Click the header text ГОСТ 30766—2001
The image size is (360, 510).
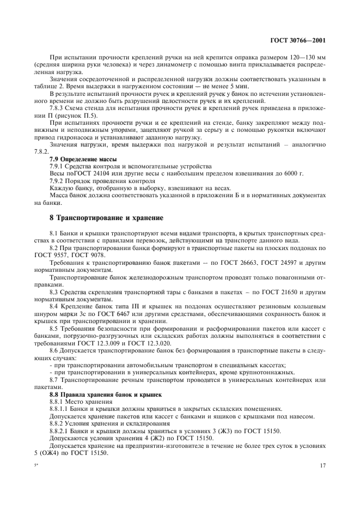click(299, 40)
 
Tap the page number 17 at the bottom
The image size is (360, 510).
click(322, 466)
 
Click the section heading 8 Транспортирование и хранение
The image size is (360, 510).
click(106, 218)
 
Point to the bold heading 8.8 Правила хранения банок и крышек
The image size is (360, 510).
click(102, 394)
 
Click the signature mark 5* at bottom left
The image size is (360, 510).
click(36, 466)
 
